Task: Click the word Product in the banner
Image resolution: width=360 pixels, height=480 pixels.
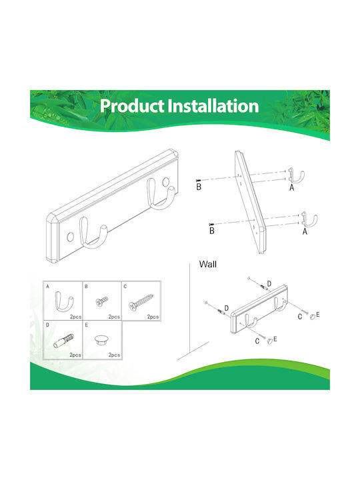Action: click(x=131, y=105)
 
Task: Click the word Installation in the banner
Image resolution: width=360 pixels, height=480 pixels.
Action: click(x=214, y=105)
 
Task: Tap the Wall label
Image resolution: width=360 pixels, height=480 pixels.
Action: click(x=207, y=264)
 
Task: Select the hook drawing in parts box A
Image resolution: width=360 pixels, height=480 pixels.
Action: click(x=64, y=301)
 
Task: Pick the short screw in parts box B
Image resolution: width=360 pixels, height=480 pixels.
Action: click(x=102, y=301)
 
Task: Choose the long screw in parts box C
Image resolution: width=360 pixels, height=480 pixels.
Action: click(x=141, y=302)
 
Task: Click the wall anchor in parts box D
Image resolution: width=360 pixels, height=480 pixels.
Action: click(x=64, y=341)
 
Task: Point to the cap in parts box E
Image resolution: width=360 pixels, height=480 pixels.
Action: click(x=101, y=340)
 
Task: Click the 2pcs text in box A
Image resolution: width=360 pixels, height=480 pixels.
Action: click(x=75, y=317)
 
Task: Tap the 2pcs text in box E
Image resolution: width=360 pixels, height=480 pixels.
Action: click(x=114, y=355)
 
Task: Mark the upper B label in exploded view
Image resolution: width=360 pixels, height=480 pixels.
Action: click(x=199, y=187)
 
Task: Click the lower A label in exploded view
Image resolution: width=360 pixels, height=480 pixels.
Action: click(x=305, y=232)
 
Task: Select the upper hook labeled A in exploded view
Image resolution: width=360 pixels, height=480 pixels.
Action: click(x=296, y=176)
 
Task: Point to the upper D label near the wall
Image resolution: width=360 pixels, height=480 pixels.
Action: click(x=269, y=284)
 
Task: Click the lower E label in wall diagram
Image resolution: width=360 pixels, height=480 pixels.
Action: click(x=275, y=339)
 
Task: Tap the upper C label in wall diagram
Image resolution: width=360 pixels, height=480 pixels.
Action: click(x=300, y=317)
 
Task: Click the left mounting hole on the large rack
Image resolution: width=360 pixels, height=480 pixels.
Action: click(x=71, y=237)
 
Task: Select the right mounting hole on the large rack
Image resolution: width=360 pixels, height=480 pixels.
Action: click(x=166, y=182)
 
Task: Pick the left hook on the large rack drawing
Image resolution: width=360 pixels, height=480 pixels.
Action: click(x=93, y=232)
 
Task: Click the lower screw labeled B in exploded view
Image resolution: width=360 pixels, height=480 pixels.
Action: click(x=211, y=225)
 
